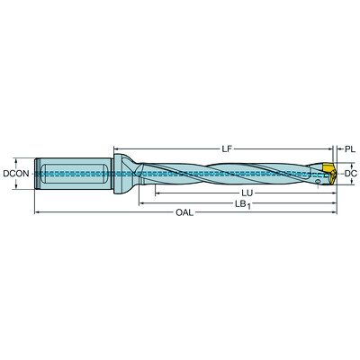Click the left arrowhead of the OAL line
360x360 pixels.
pos(37,213)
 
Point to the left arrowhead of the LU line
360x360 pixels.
pos(155,192)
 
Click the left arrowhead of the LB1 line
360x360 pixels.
pos(141,202)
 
